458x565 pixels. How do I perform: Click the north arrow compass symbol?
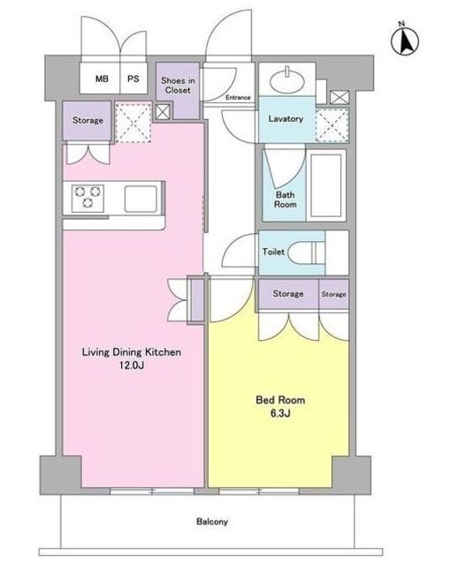click(405, 41)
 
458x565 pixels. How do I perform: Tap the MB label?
click(102, 79)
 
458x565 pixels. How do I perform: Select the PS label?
click(133, 79)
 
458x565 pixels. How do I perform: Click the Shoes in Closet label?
click(178, 86)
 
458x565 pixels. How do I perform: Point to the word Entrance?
click(238, 97)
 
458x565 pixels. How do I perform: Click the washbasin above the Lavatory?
click(287, 81)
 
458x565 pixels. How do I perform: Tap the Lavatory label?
click(286, 119)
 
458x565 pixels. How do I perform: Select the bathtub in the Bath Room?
click(326, 185)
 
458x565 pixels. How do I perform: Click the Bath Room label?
click(285, 200)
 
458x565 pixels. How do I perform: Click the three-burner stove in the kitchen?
click(88, 198)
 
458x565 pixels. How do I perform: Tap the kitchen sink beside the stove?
click(141, 199)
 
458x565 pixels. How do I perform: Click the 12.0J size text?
click(132, 365)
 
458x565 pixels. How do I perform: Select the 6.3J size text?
click(280, 413)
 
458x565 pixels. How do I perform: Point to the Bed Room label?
click(280, 400)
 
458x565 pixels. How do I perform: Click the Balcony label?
click(212, 522)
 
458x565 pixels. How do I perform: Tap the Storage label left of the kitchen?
click(88, 120)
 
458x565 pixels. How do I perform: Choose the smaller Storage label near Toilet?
click(334, 294)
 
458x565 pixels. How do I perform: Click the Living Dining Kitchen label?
click(132, 352)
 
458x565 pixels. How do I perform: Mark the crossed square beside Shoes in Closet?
click(162, 112)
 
